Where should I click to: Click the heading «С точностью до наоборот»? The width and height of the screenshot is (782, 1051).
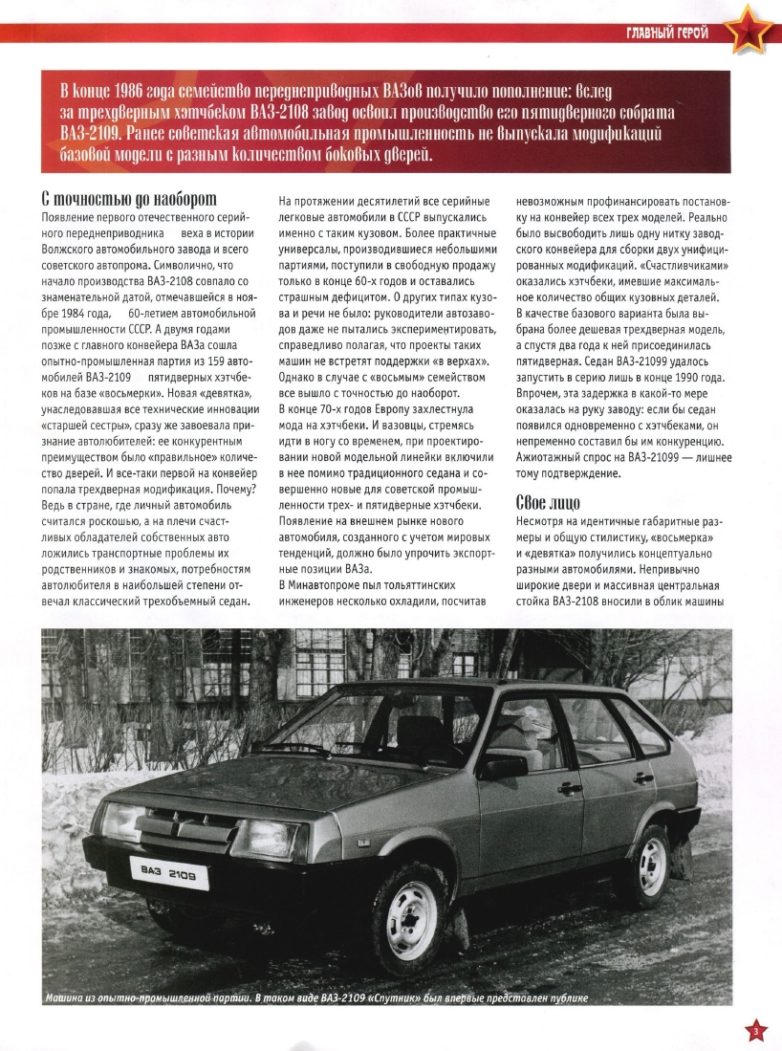click(129, 199)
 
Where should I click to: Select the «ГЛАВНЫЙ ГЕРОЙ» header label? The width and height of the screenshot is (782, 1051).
click(666, 34)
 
